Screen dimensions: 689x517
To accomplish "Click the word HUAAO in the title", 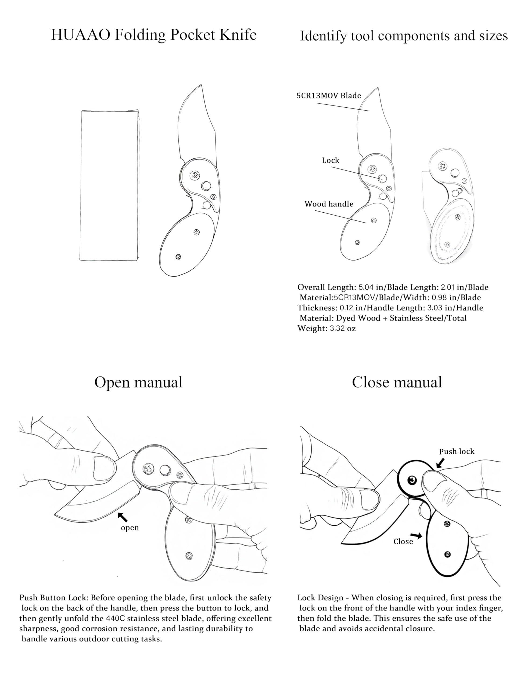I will click(80, 34).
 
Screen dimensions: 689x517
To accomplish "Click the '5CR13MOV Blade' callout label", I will click(328, 96).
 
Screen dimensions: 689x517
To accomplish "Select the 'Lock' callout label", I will click(330, 160).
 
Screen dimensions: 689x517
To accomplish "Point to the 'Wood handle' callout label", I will click(329, 204).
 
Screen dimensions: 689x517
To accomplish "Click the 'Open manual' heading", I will click(138, 382).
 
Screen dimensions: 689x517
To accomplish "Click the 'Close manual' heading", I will click(397, 382).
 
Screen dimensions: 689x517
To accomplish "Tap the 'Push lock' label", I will click(456, 451).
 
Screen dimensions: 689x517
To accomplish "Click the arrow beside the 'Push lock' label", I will click(440, 463).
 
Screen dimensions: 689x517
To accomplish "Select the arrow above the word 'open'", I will click(123, 517).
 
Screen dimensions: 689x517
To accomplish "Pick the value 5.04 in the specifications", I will click(366, 287).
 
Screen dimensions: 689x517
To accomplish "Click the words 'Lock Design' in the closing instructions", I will click(320, 598).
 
